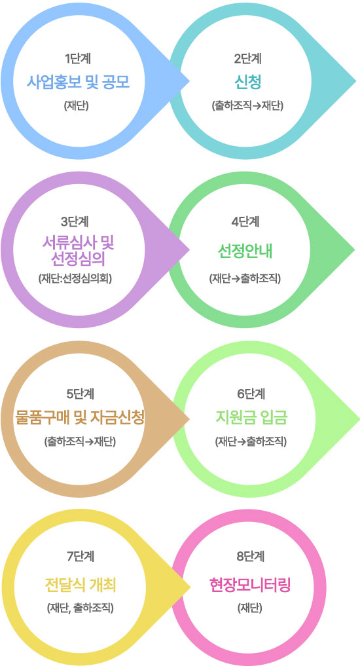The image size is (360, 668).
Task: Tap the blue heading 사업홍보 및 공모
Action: coord(78,81)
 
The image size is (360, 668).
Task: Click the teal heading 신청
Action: coord(247,81)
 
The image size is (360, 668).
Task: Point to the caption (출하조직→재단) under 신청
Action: coord(247,105)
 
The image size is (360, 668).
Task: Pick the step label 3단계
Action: coord(75,222)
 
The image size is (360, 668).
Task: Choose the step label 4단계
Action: coord(245,222)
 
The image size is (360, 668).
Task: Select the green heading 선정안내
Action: coord(245,251)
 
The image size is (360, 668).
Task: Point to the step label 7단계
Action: coord(81,556)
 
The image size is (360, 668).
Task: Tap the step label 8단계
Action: coord(251,556)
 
